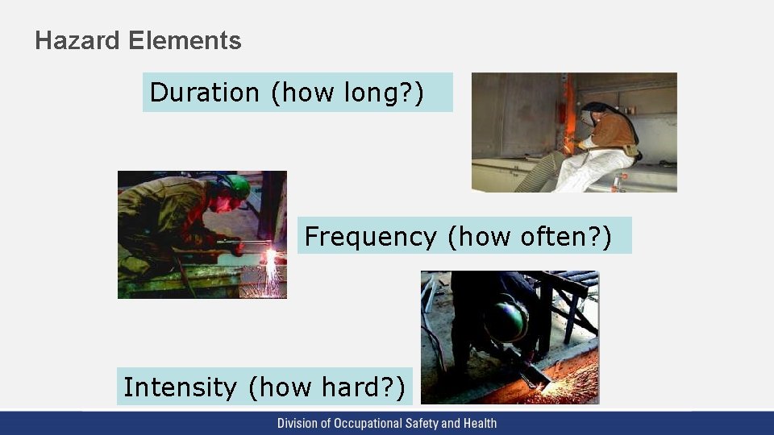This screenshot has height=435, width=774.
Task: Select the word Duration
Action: tap(204, 93)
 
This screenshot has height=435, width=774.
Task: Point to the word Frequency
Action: tap(370, 237)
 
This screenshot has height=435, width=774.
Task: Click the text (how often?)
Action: tap(529, 237)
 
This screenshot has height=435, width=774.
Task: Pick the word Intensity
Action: tap(180, 387)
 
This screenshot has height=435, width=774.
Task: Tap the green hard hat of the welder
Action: tap(235, 187)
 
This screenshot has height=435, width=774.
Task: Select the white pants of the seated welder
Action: tap(593, 170)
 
